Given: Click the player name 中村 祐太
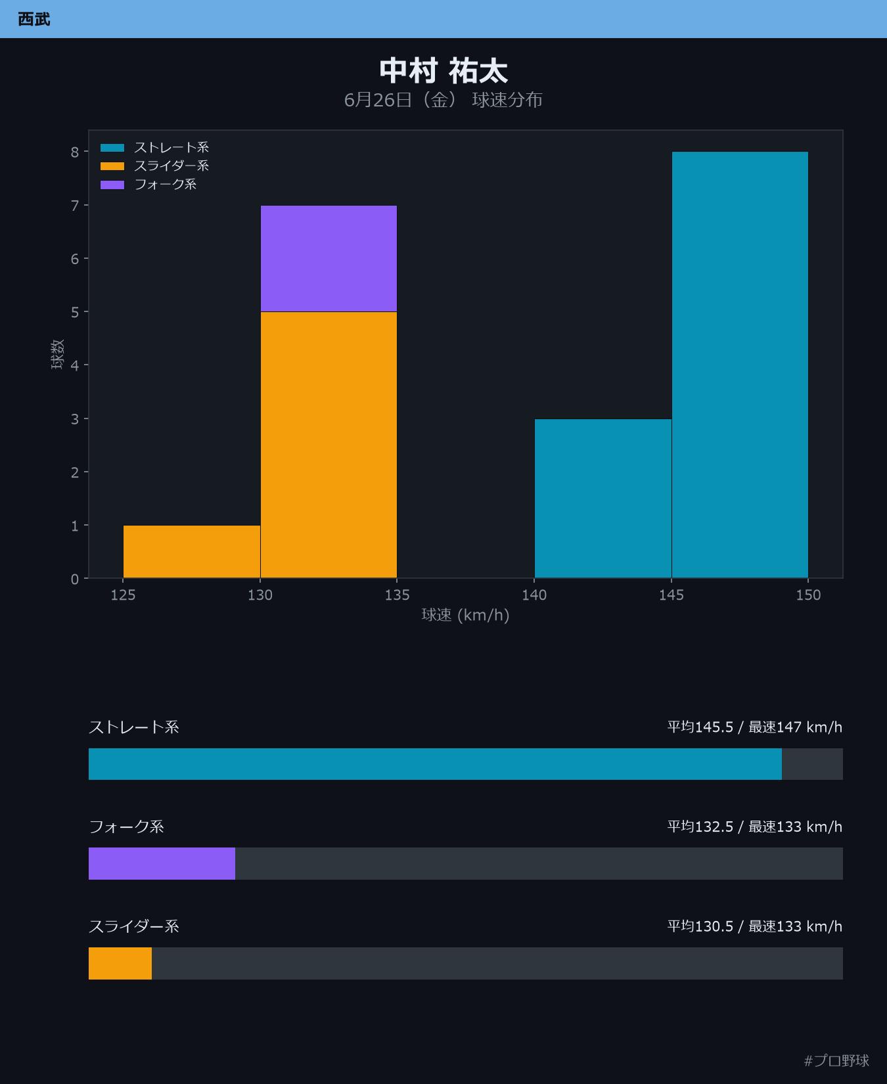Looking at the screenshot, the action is tap(444, 71).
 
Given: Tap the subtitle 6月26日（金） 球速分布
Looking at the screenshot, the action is tap(444, 100).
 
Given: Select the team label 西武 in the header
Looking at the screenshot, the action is tap(34, 19).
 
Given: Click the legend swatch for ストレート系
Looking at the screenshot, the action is tap(112, 148).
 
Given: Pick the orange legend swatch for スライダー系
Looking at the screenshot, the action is tap(112, 166).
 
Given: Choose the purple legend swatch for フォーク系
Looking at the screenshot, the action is tap(112, 185).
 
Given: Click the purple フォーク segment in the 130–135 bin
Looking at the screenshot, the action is tap(329, 259).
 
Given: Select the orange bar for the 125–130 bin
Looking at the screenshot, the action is tap(192, 552).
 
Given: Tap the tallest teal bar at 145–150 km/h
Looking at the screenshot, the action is tap(740, 365).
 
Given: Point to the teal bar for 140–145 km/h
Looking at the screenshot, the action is tap(603, 499).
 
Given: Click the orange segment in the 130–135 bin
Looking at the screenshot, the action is tap(329, 445).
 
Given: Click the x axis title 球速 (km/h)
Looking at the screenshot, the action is tap(465, 615).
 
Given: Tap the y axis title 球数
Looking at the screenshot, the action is tap(57, 354).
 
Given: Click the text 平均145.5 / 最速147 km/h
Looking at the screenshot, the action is tap(755, 727).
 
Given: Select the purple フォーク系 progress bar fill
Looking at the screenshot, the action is tap(162, 863).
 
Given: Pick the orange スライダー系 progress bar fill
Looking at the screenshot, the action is tap(120, 963).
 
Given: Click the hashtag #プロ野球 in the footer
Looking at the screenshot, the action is tap(836, 1060).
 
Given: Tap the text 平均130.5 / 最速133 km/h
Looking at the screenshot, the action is tap(755, 926).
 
